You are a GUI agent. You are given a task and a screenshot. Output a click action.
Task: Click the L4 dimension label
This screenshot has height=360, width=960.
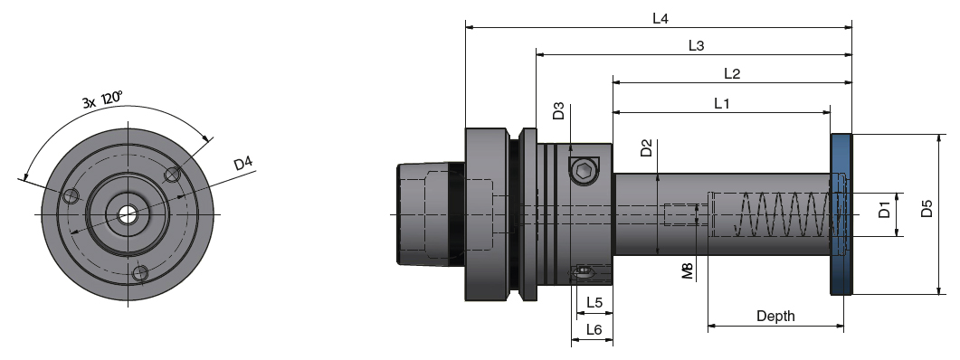tap(660, 18)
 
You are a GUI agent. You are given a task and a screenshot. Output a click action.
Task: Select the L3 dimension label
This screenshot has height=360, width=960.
tap(696, 45)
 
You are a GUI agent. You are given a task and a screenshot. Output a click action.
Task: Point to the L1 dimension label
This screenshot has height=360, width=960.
tap(722, 103)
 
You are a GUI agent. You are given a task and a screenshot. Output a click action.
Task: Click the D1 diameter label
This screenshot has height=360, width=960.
tap(884, 214)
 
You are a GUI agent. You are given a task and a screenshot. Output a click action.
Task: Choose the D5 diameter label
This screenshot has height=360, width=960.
tap(926, 211)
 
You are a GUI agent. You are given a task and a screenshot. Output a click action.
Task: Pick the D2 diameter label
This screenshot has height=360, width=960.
tap(646, 148)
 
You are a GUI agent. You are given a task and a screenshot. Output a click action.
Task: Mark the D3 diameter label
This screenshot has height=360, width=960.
tap(558, 112)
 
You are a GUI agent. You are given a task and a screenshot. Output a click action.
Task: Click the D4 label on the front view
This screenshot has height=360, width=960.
tap(242, 164)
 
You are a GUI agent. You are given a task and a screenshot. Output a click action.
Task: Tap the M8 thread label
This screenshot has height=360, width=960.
tap(688, 271)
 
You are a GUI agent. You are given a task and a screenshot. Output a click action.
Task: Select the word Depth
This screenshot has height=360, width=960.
tap(775, 316)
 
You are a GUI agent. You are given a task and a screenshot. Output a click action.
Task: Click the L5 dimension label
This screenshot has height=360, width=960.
tap(594, 302)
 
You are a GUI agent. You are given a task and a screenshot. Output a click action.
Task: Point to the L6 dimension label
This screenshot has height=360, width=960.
tap(593, 330)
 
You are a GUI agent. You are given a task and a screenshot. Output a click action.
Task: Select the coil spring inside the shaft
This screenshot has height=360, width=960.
tap(778, 214)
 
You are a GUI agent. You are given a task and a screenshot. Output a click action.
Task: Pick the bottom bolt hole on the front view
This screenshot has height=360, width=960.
tap(139, 272)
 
